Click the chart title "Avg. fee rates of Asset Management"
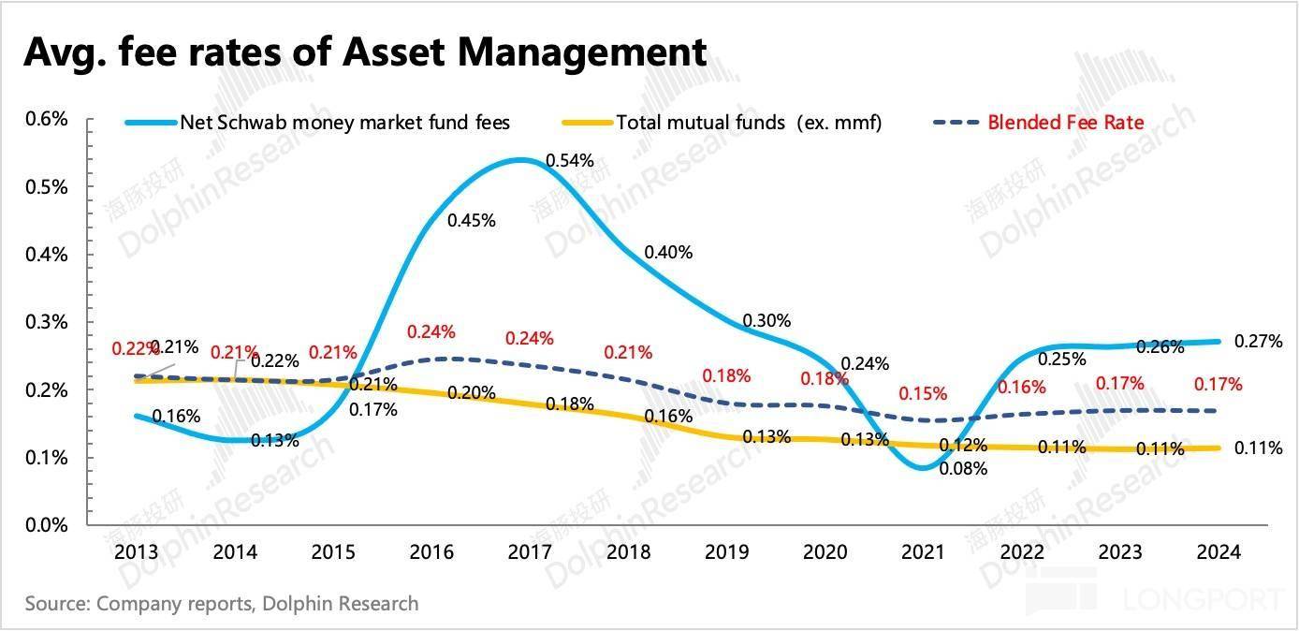click(x=365, y=51)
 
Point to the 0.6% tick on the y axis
click(x=46, y=119)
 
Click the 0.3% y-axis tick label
click(x=46, y=322)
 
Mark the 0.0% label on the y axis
click(x=46, y=525)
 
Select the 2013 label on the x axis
click(x=136, y=552)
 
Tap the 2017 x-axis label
click(x=529, y=552)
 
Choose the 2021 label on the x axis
click(x=923, y=552)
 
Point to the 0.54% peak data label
click(x=570, y=160)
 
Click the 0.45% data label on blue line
click(x=472, y=221)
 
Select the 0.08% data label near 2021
click(x=964, y=469)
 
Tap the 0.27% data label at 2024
click(x=1258, y=342)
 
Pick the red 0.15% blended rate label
click(x=923, y=394)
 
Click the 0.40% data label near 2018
click(x=668, y=252)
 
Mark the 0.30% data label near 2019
click(x=766, y=321)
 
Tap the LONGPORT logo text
click(x=1216, y=597)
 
